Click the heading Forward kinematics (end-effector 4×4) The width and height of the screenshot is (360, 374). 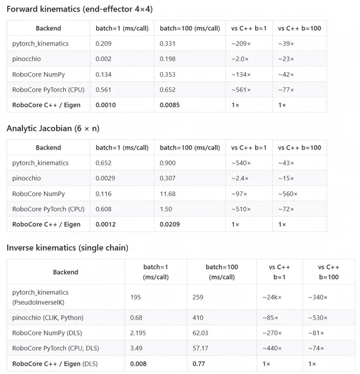coord(80,9)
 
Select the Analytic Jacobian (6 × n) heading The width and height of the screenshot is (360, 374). coord(53,128)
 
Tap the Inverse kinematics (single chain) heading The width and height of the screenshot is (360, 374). coord(68,248)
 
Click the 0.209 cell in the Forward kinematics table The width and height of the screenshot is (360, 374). coord(103,43)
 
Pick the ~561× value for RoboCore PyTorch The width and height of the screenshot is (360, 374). coord(241,90)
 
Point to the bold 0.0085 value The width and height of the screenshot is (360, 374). coord(170,105)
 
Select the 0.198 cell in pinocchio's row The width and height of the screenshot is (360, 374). coord(168,59)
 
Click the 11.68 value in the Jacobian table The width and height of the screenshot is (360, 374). coord(168,194)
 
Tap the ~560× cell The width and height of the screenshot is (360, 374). coord(288,194)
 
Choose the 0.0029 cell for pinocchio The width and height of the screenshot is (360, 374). coord(106,178)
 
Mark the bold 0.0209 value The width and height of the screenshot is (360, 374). coord(170,224)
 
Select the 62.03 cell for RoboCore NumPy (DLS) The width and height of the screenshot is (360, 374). coord(200,333)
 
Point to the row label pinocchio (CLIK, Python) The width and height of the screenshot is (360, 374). coord(48,318)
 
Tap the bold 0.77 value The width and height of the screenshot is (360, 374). coord(198,364)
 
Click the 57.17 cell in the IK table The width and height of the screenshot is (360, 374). coord(200,348)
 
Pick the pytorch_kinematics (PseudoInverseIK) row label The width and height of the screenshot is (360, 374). coord(40,298)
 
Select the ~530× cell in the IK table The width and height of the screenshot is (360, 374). coord(318,318)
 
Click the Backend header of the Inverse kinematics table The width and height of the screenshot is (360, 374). coord(65,272)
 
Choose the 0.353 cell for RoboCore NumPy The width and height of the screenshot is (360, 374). coord(168,75)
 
